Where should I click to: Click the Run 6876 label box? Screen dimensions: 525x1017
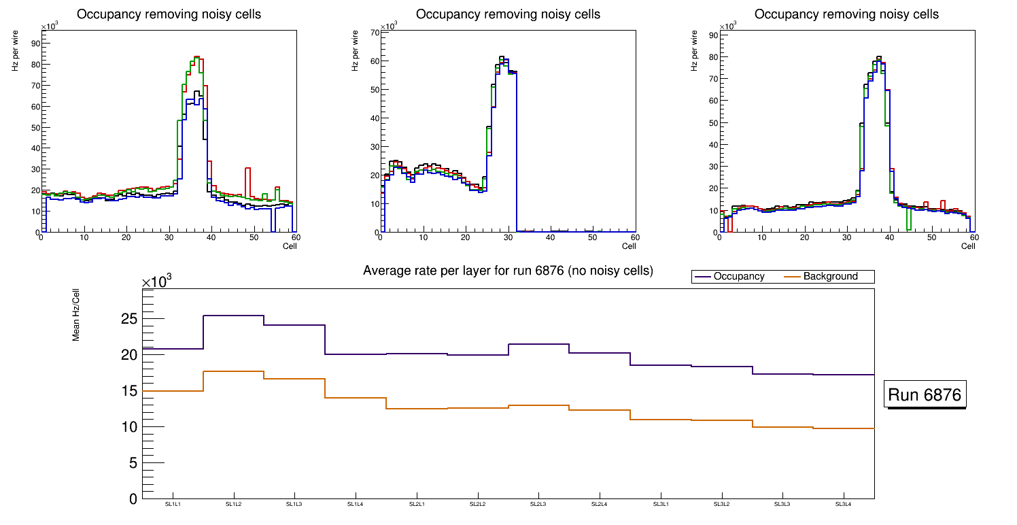click(925, 395)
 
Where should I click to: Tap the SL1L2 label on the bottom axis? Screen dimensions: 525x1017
click(233, 505)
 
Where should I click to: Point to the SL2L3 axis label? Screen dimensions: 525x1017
click(538, 505)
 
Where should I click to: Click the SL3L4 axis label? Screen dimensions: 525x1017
click(844, 505)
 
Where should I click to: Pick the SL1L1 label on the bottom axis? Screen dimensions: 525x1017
click(173, 505)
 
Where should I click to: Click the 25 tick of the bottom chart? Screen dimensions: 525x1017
click(128, 319)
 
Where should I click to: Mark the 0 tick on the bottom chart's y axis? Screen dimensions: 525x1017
click(133, 499)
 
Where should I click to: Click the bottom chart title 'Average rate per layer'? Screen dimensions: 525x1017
click(508, 271)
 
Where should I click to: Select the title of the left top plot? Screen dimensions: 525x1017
click(169, 14)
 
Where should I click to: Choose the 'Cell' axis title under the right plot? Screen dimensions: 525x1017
click(968, 245)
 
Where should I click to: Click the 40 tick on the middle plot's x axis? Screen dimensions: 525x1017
click(550, 237)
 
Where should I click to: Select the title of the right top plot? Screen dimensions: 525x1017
click(846, 14)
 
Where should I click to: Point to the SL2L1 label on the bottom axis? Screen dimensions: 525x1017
click(417, 505)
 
